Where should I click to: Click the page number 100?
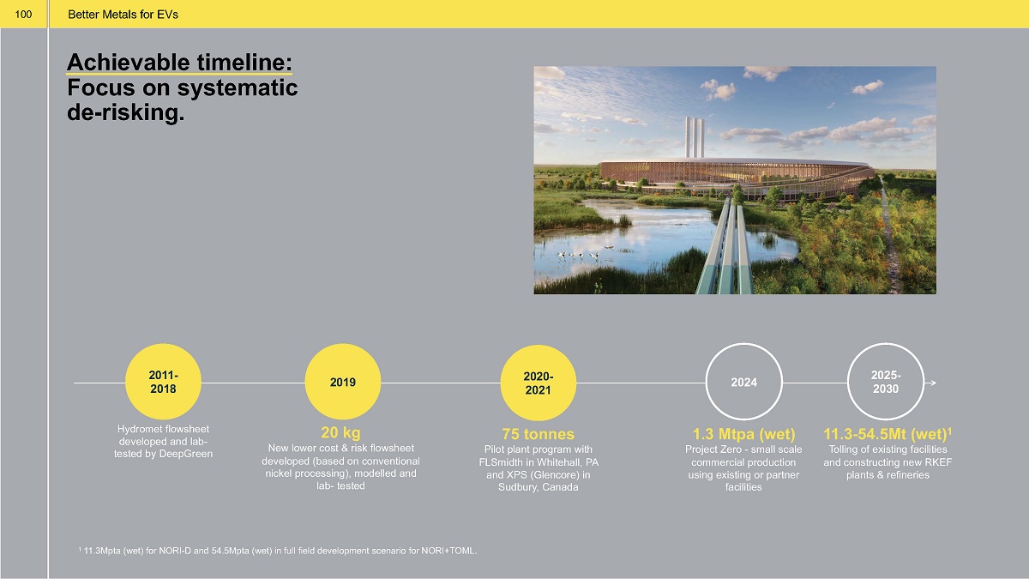(x=23, y=15)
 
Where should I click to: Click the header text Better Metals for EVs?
(x=123, y=15)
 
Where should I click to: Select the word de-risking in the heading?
(x=125, y=112)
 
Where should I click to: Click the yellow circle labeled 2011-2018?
(x=163, y=382)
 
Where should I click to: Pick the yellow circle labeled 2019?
(x=343, y=382)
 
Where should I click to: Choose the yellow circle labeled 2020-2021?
(x=538, y=383)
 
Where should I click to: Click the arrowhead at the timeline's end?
(x=933, y=383)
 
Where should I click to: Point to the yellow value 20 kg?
(x=340, y=432)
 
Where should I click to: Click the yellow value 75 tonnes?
(x=538, y=434)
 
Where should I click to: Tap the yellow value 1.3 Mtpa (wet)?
(x=743, y=434)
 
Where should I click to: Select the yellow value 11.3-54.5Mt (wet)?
(x=885, y=434)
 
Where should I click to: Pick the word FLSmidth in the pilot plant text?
(x=500, y=461)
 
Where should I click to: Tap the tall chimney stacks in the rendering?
(x=694, y=137)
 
